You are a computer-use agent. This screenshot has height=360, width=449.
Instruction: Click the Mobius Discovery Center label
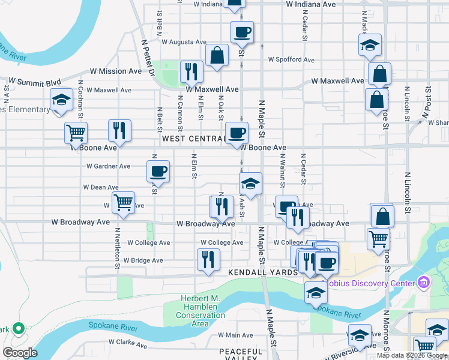click(x=369, y=283)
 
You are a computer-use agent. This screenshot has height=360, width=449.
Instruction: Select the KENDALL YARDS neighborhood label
click(x=263, y=272)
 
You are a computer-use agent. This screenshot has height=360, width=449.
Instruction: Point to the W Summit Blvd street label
click(x=35, y=82)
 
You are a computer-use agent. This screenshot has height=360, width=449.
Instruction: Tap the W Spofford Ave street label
click(x=291, y=60)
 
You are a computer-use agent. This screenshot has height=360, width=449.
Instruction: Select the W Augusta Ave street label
click(x=184, y=42)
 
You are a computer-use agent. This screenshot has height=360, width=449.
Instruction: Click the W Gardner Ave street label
click(x=108, y=166)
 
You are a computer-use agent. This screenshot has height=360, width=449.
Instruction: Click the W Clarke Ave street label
click(x=127, y=345)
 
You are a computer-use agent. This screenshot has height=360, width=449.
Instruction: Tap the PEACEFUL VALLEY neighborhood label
click(x=241, y=355)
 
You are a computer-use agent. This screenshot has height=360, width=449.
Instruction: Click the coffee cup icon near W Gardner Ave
click(x=158, y=171)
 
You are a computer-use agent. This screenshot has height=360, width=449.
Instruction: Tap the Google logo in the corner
click(x=20, y=353)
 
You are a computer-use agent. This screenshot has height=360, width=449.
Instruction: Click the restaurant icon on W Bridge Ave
click(x=208, y=259)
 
